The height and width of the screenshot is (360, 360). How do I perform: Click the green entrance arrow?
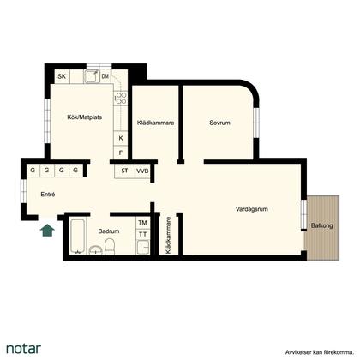point(47,231)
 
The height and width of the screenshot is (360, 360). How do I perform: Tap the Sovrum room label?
point(219,123)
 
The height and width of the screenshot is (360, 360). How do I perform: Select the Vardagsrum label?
point(252,209)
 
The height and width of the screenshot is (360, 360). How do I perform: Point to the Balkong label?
point(321,225)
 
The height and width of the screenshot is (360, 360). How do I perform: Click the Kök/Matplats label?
point(85,117)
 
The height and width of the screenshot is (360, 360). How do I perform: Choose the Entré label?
point(48,195)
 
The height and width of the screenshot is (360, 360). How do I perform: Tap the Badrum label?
point(109,231)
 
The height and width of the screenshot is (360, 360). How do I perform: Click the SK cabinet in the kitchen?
point(62,76)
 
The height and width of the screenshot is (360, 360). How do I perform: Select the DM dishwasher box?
point(105,76)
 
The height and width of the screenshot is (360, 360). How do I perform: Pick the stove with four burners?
point(121,98)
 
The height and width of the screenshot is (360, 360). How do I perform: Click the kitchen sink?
point(92,76)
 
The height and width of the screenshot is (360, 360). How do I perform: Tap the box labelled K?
point(121,138)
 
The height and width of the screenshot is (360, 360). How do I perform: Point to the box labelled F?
point(121,153)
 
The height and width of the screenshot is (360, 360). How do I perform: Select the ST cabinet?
point(124,171)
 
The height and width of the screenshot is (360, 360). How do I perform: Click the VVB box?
point(142,171)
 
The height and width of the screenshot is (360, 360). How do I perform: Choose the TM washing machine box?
point(142,223)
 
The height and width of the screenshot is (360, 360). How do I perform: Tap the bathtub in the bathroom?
point(77,237)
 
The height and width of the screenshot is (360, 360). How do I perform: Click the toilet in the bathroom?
point(110,247)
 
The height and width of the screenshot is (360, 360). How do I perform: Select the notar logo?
point(23,349)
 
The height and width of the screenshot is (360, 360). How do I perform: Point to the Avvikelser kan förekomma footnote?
point(319,352)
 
